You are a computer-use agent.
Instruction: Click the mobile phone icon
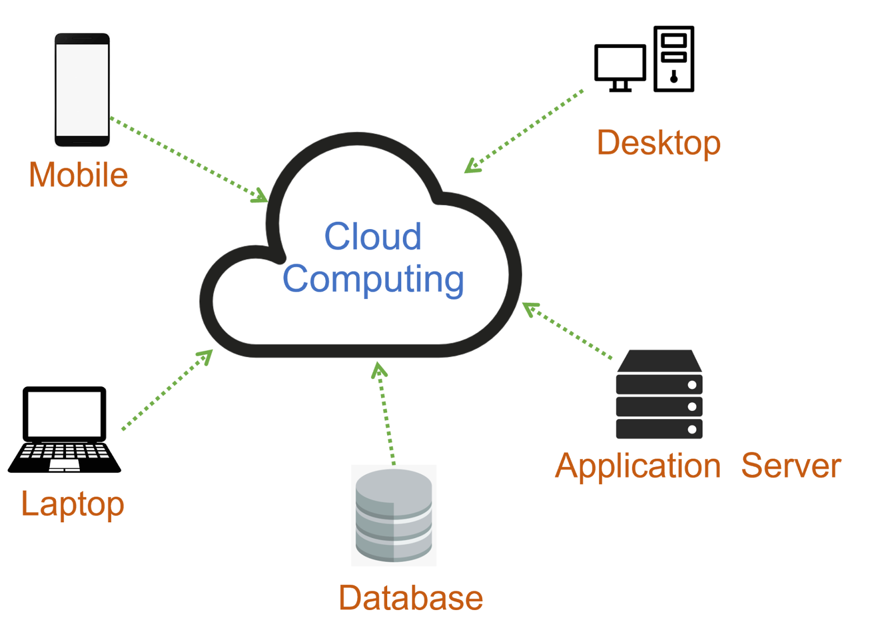[x=82, y=89]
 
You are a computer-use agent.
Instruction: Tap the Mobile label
[x=78, y=175]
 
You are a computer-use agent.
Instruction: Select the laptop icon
[x=64, y=429]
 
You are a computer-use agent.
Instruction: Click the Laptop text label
[x=72, y=504]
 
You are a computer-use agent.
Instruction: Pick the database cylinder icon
[x=394, y=515]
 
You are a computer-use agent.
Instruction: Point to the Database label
[x=411, y=598]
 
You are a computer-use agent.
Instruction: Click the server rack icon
[x=659, y=395]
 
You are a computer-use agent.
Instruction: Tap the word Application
[x=638, y=466]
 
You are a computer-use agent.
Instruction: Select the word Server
[x=791, y=466]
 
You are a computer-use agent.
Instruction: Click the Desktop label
[x=658, y=143]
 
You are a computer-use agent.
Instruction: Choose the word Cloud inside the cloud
[x=373, y=236]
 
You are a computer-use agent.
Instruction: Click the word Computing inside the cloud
[x=373, y=279]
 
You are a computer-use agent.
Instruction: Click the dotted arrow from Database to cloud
[x=386, y=413]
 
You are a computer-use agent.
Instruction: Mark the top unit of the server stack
[x=659, y=384]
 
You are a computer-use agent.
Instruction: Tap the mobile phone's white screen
[x=82, y=89]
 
